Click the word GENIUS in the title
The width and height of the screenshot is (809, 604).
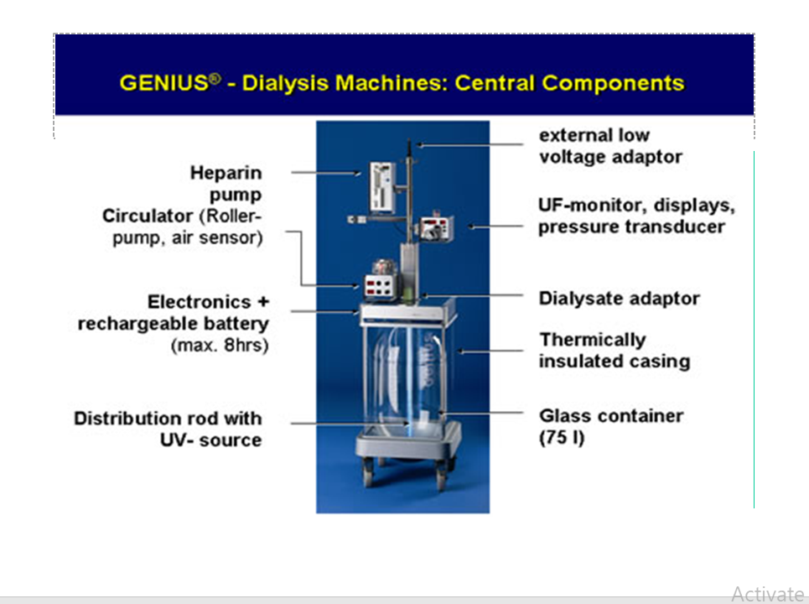click(x=163, y=83)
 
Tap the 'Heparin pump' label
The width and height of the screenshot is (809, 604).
click(x=226, y=183)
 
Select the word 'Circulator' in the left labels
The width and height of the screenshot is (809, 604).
click(x=148, y=216)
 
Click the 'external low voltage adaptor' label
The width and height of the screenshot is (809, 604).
click(x=610, y=146)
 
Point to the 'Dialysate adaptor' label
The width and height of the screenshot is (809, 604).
click(x=620, y=299)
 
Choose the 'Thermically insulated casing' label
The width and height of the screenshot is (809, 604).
click(x=615, y=351)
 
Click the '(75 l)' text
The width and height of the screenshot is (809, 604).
click(x=562, y=438)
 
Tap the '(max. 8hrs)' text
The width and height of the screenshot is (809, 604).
click(x=220, y=345)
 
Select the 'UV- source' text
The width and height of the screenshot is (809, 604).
click(x=210, y=440)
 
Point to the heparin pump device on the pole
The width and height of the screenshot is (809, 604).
click(x=383, y=187)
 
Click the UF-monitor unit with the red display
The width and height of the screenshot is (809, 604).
click(x=436, y=227)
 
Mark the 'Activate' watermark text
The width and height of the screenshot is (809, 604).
click(x=768, y=594)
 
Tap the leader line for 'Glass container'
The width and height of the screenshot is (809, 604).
click(x=483, y=413)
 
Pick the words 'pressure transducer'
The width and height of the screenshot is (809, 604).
click(x=631, y=226)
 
